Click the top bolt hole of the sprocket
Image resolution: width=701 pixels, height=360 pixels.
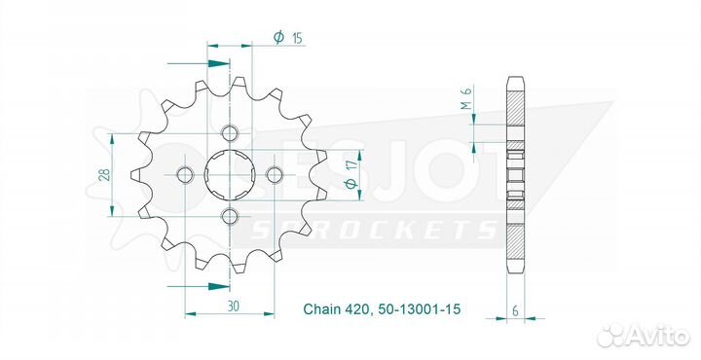click(230, 133)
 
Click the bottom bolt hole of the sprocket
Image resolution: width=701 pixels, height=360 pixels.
click(230, 215)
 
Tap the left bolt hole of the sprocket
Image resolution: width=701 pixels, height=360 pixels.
click(186, 175)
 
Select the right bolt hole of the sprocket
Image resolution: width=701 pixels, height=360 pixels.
click(275, 175)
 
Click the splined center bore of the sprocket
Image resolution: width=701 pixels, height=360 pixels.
click(231, 175)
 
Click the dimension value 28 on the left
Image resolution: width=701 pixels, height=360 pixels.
click(103, 175)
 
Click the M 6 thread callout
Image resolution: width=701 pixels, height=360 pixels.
click(466, 97)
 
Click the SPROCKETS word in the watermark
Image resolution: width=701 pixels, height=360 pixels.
click(374, 230)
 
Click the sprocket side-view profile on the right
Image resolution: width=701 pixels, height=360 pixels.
click(515, 175)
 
